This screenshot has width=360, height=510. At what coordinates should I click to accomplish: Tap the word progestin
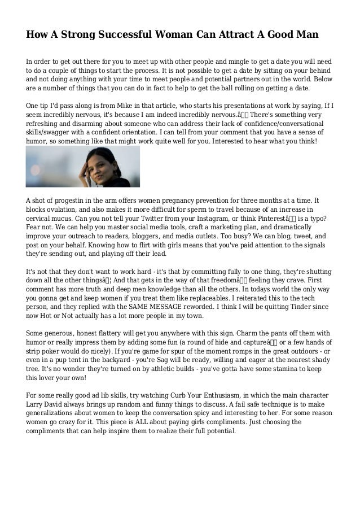click(77, 200)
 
